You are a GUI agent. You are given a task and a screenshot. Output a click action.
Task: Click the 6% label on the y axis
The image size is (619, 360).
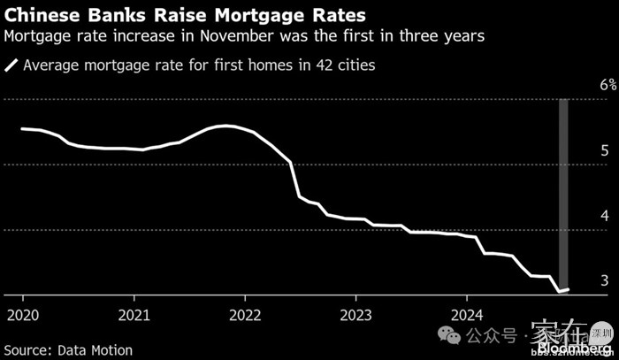(x=608, y=85)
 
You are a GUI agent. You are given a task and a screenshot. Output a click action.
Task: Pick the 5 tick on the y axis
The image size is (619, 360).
(x=604, y=150)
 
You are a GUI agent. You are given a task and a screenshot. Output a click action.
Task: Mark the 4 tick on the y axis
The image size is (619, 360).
(x=604, y=216)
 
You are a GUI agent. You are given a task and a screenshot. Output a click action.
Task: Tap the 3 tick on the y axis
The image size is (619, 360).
(x=604, y=280)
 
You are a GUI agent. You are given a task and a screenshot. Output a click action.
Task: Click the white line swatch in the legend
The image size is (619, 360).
(x=11, y=65)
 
